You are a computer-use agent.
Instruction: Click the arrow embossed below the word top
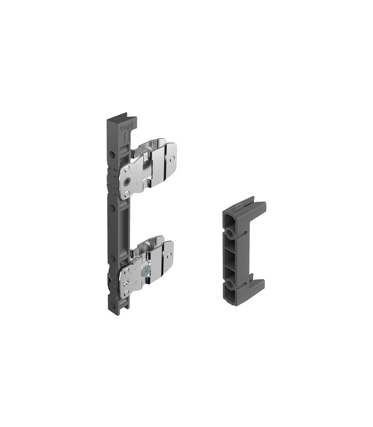(124, 137)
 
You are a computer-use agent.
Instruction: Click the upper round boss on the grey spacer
(230, 234)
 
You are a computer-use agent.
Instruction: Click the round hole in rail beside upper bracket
(111, 155)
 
